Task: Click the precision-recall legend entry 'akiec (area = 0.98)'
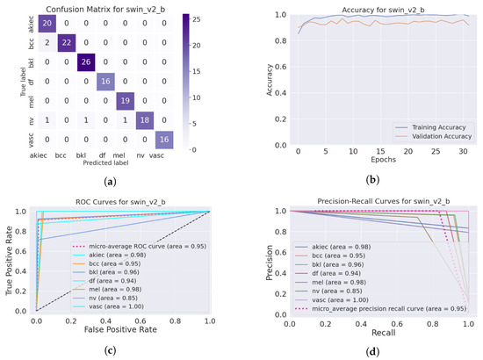[343, 248]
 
